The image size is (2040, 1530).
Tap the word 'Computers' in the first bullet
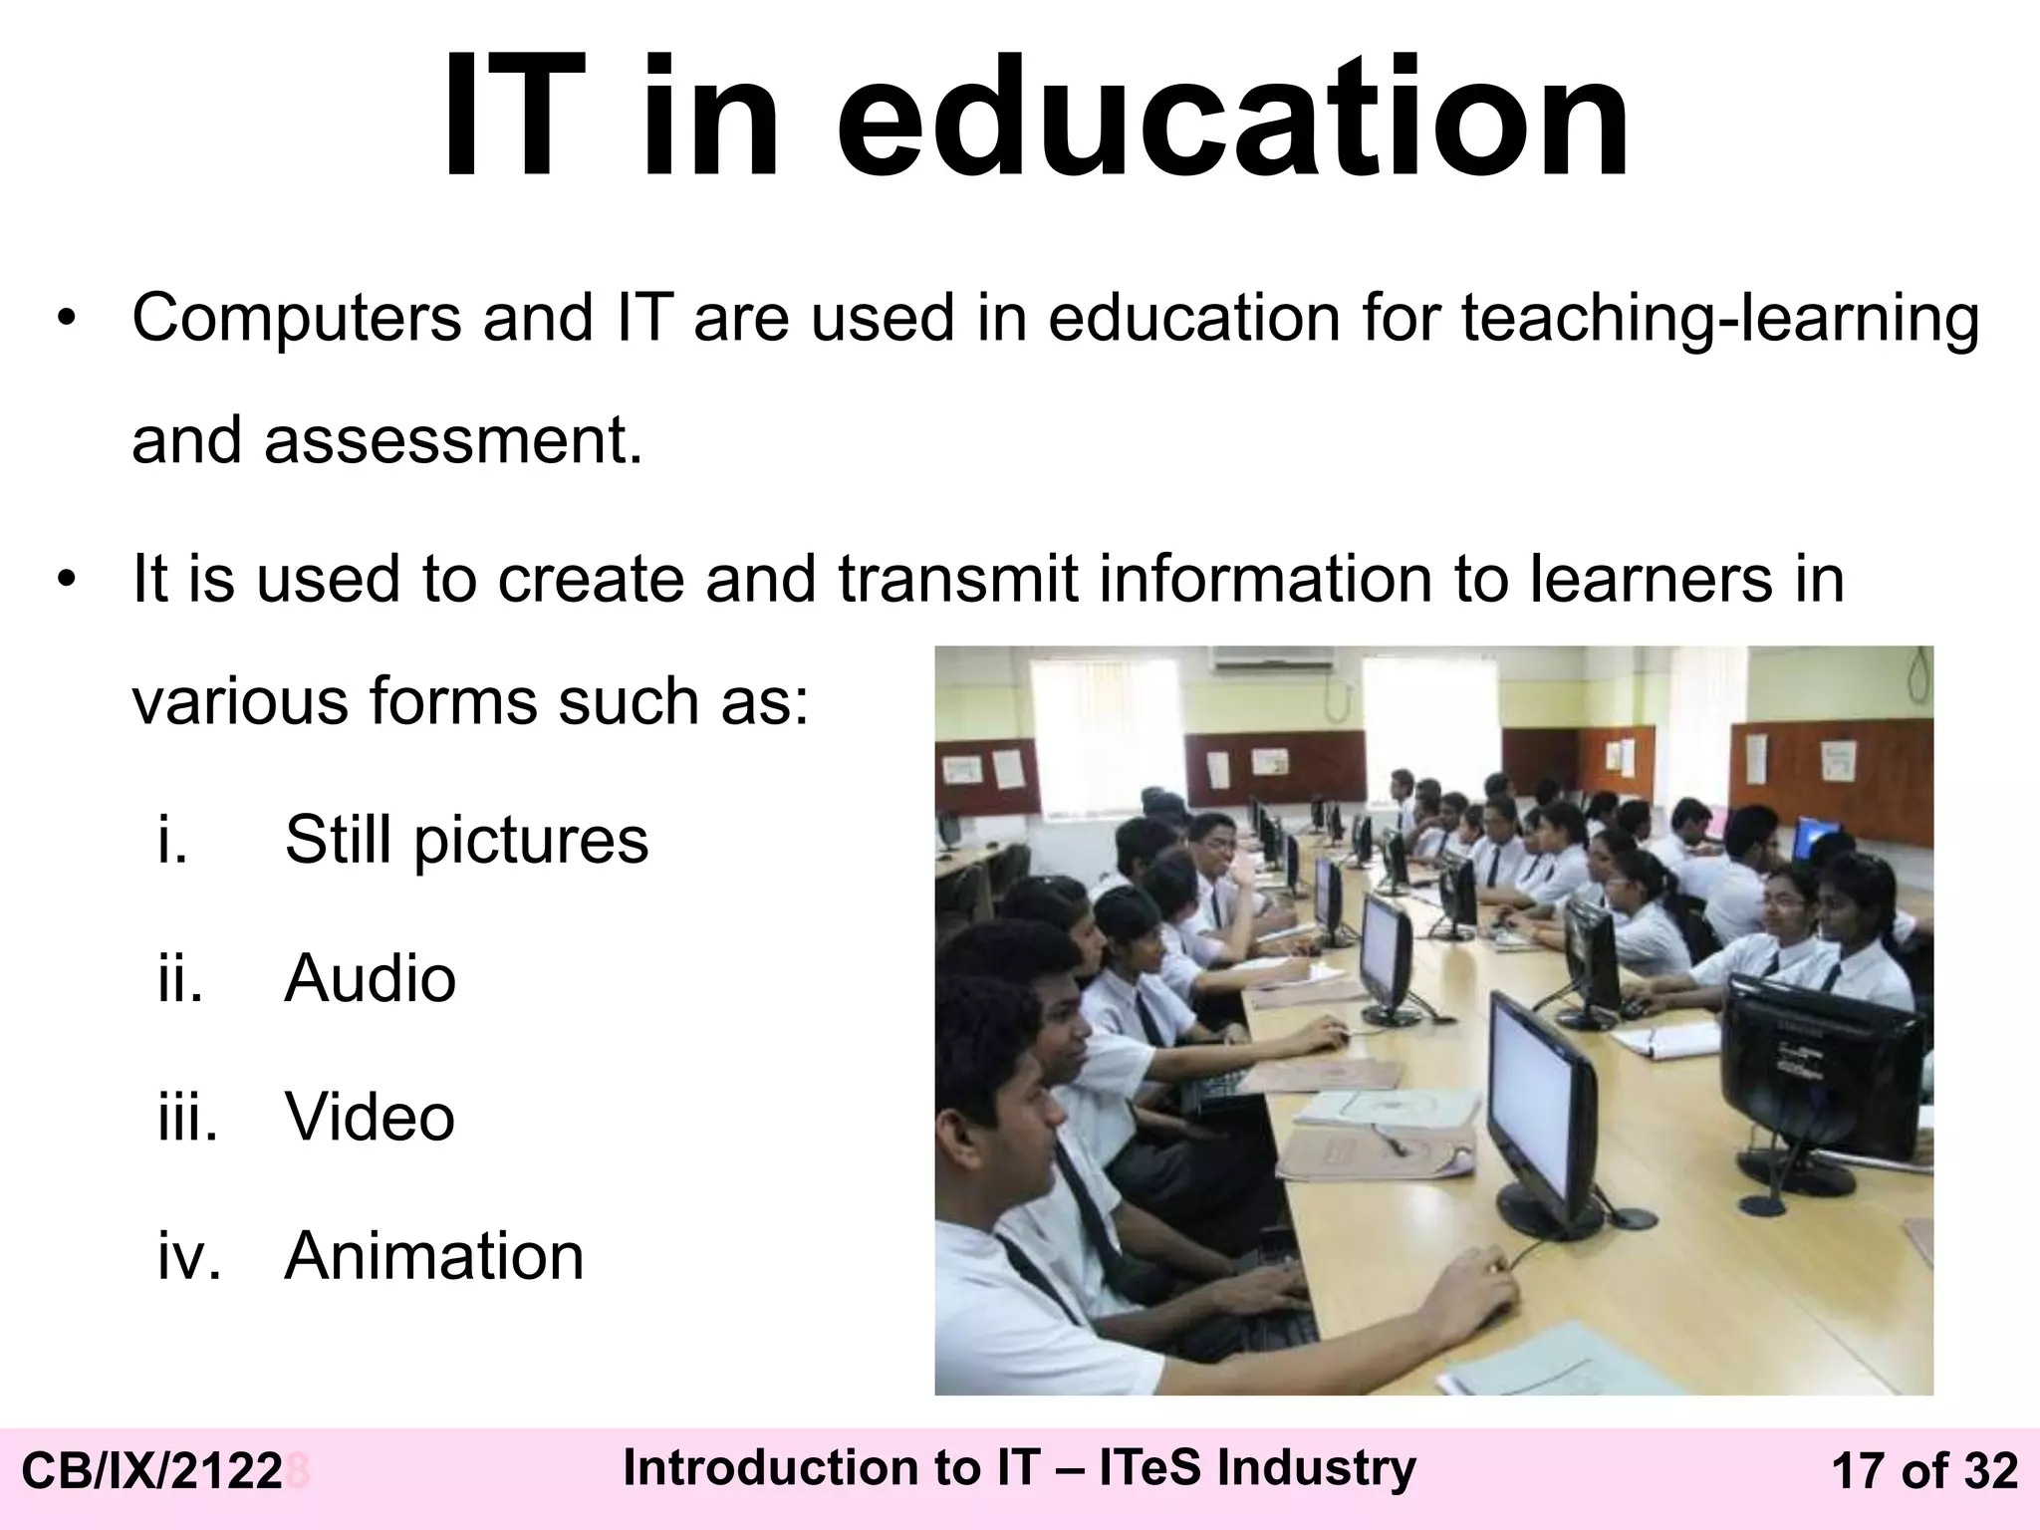click(x=296, y=318)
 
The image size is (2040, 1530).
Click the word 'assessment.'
click(x=453, y=440)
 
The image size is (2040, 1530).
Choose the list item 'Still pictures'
click(x=466, y=840)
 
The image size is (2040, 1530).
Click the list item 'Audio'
click(x=370, y=978)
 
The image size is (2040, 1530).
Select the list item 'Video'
click(x=370, y=1117)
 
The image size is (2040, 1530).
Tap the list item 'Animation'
click(x=434, y=1255)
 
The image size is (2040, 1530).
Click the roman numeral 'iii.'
click(x=187, y=1117)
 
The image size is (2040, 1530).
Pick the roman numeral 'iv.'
click(x=189, y=1255)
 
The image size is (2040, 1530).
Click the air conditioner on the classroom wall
click(x=1272, y=657)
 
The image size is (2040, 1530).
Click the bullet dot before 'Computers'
click(x=66, y=320)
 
